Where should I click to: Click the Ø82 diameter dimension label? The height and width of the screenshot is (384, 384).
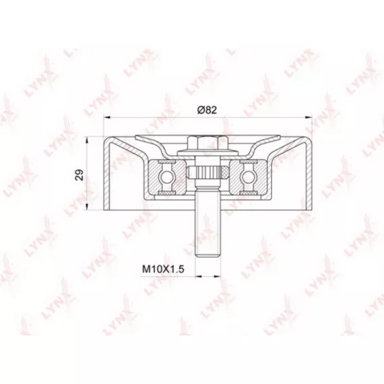[x=207, y=110]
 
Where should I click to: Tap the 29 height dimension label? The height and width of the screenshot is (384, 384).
[x=79, y=175]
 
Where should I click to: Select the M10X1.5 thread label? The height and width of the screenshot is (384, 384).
[x=163, y=269]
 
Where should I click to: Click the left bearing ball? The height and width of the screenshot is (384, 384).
[x=166, y=176]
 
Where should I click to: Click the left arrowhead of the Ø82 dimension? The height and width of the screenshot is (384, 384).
[x=108, y=117]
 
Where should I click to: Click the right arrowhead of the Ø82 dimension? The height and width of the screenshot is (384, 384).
[x=308, y=117]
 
